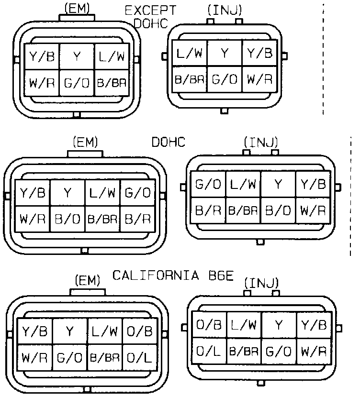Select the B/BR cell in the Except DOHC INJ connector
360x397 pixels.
pyautogui.click(x=189, y=79)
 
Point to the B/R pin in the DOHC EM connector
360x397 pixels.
pyautogui.click(x=138, y=220)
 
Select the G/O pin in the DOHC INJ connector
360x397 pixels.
pyautogui.click(x=208, y=185)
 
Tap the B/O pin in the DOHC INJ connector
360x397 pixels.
pyautogui.click(x=278, y=210)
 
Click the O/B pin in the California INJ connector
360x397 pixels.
pyautogui.click(x=209, y=326)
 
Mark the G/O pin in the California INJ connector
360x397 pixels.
pyautogui.click(x=279, y=352)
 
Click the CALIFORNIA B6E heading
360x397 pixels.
pyautogui.click(x=173, y=276)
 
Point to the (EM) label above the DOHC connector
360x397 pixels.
pyautogui.click(x=85, y=142)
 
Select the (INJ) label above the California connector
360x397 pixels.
pyautogui.click(x=261, y=283)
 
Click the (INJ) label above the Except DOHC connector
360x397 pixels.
pyautogui.click(x=225, y=9)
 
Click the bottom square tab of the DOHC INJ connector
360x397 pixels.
pyautogui.click(x=260, y=242)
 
